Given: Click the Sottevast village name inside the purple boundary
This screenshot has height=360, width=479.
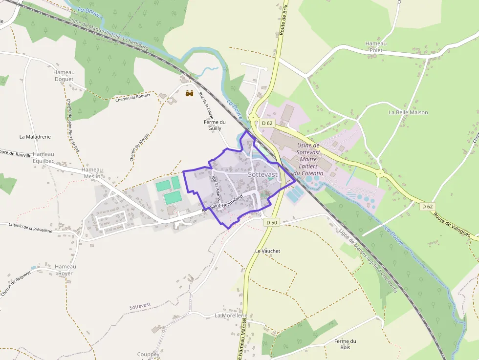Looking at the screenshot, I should click(262, 174).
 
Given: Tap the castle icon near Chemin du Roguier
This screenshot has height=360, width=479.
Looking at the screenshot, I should click(190, 93).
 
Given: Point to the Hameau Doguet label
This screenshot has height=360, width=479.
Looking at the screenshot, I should click(64, 76).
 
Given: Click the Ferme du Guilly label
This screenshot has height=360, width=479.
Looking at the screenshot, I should click(215, 125).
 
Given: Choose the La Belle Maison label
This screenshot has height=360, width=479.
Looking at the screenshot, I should click(408, 112).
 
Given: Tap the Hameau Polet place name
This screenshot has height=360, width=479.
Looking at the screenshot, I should click(376, 47).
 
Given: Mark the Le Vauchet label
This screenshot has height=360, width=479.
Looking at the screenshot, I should click(268, 251).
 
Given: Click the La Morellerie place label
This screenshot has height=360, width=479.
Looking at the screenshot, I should click(231, 316).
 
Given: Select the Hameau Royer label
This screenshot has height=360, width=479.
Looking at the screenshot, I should click(65, 270).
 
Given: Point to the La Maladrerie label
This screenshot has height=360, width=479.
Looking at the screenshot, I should click(35, 137).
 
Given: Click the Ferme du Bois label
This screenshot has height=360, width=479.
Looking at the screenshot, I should click(345, 344).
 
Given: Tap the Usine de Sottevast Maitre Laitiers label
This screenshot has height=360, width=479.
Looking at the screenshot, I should click(308, 159).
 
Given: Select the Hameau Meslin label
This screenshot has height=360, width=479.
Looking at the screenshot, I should click(92, 173).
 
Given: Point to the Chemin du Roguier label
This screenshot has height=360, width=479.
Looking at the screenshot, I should click(133, 97).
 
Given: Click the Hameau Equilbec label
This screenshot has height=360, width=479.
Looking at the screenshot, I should click(43, 157).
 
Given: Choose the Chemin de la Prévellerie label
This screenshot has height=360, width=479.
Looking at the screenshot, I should click(30, 227).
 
